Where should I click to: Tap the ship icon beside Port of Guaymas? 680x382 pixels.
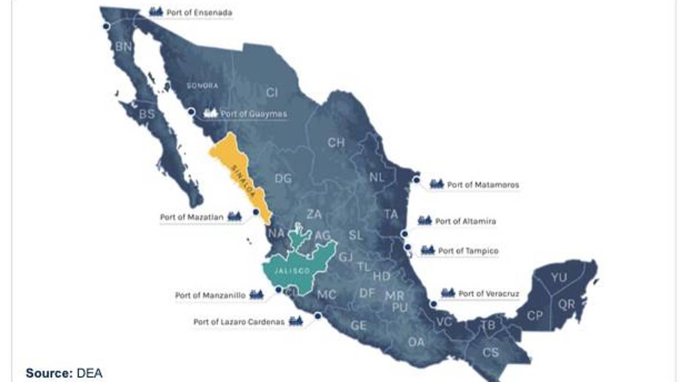tap(210, 113)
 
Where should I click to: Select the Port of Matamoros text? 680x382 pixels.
tap(483, 185)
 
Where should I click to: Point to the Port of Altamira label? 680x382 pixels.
tap(465, 221)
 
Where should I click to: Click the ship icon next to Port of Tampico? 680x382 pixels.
tap(428, 251)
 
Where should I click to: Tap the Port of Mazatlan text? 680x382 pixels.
tap(192, 217)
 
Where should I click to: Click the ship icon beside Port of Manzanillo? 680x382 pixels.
tap(256, 295)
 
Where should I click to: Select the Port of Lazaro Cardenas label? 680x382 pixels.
tap(239, 322)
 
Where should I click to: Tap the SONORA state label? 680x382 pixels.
tap(202, 85)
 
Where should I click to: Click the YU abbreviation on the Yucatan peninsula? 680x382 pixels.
tap(558, 277)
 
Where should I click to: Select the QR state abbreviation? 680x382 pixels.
tap(567, 304)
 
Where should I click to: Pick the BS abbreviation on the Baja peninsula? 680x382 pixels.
tap(146, 114)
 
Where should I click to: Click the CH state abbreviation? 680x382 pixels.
tap(336, 142)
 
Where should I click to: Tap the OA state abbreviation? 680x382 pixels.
tap(416, 342)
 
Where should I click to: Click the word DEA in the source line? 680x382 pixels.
tap(89, 373)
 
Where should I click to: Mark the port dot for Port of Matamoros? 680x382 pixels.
tap(417, 180)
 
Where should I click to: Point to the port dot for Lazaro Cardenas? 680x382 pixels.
tap(318, 316)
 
